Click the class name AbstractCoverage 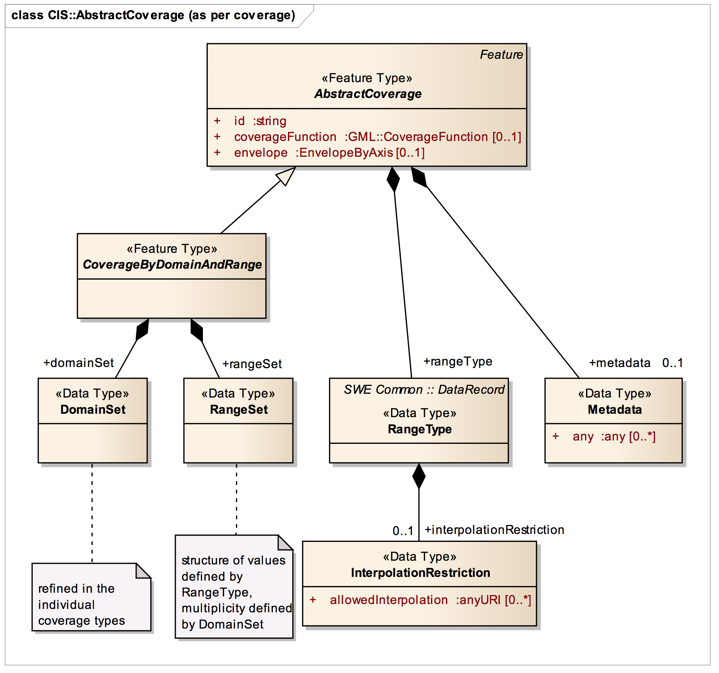(x=368, y=94)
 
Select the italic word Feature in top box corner (x=501, y=55)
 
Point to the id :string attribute (x=260, y=121)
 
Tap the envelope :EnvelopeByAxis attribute (x=329, y=153)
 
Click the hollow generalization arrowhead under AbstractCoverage (x=286, y=176)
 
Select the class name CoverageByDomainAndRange (x=172, y=265)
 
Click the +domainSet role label (x=78, y=363)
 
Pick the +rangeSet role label (x=252, y=364)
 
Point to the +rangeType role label (x=458, y=362)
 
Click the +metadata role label (x=620, y=363)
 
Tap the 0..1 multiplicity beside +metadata (x=672, y=363)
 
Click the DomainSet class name (x=93, y=410)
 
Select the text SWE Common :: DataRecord (x=424, y=390)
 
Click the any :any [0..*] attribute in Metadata (x=614, y=437)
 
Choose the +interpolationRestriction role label (x=494, y=530)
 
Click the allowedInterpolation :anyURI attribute (x=430, y=600)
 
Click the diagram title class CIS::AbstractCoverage (x=153, y=15)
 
